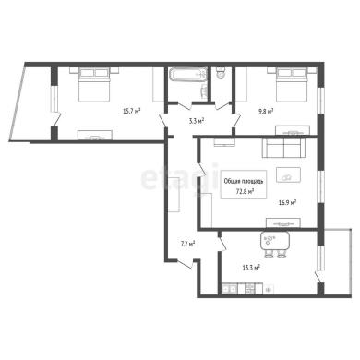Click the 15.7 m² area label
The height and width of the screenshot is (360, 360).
(x=132, y=111)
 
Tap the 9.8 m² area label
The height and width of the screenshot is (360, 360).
(x=266, y=111)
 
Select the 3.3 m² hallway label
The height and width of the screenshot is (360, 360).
(x=197, y=121)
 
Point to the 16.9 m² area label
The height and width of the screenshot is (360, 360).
(x=287, y=202)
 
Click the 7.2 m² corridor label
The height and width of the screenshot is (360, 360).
(x=187, y=245)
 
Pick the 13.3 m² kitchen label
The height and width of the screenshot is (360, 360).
(x=251, y=268)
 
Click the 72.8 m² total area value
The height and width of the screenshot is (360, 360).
(x=245, y=191)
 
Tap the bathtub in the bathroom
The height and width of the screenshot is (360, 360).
(x=187, y=75)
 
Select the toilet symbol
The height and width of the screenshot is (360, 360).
(x=221, y=73)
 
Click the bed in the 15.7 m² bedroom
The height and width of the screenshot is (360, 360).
(x=94, y=85)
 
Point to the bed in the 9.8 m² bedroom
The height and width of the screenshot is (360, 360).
(x=292, y=85)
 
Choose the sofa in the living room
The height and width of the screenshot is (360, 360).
(x=283, y=148)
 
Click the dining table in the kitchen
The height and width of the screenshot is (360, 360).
(x=275, y=241)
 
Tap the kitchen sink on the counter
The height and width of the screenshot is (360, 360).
(x=230, y=289)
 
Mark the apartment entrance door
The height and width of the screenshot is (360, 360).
(x=185, y=264)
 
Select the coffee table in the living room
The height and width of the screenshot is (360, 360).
(x=288, y=174)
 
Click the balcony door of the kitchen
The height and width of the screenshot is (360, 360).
(x=319, y=276)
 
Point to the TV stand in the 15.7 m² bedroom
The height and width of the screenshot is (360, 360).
(x=94, y=136)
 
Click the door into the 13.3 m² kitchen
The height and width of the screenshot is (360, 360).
(x=222, y=244)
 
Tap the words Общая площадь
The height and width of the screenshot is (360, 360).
(x=244, y=182)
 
